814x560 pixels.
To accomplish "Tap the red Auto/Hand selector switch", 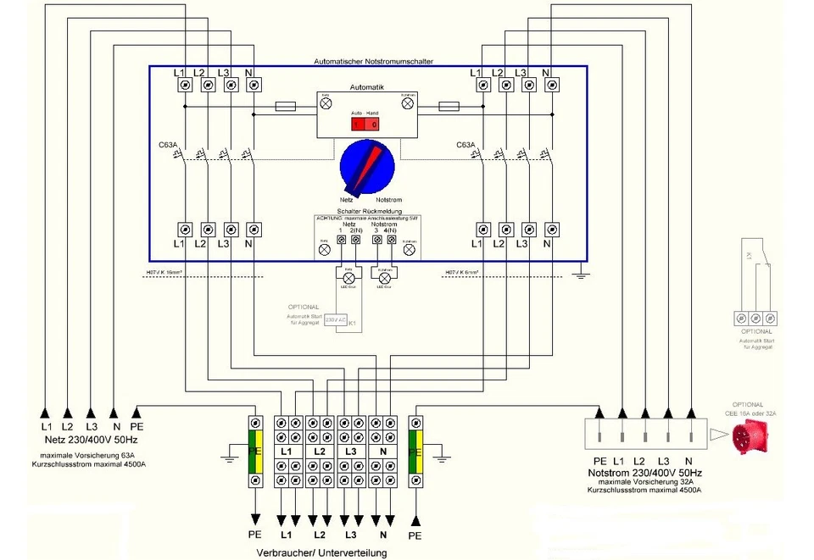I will pyautogui.click(x=365, y=124).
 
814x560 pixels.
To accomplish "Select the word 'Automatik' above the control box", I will pyautogui.click(x=367, y=87).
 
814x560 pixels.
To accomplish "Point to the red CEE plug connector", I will pyautogui.click(x=752, y=437).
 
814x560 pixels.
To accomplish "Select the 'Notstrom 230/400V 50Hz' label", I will pyautogui.click(x=646, y=472).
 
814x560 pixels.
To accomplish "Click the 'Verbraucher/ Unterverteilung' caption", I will pyautogui.click(x=321, y=552).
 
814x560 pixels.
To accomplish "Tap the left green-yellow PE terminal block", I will pyautogui.click(x=254, y=452).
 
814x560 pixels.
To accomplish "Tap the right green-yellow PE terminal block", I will pyautogui.click(x=415, y=452).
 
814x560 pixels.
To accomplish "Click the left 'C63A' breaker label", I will pyautogui.click(x=168, y=145).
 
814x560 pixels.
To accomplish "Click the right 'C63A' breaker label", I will pyautogui.click(x=466, y=145).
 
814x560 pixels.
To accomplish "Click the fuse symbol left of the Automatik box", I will pyautogui.click(x=286, y=107).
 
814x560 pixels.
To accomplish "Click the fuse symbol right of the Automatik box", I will pyautogui.click(x=448, y=107).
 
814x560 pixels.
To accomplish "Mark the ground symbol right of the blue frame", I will pyautogui.click(x=579, y=273).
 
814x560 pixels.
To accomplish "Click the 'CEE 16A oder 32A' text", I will pyautogui.click(x=750, y=413).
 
